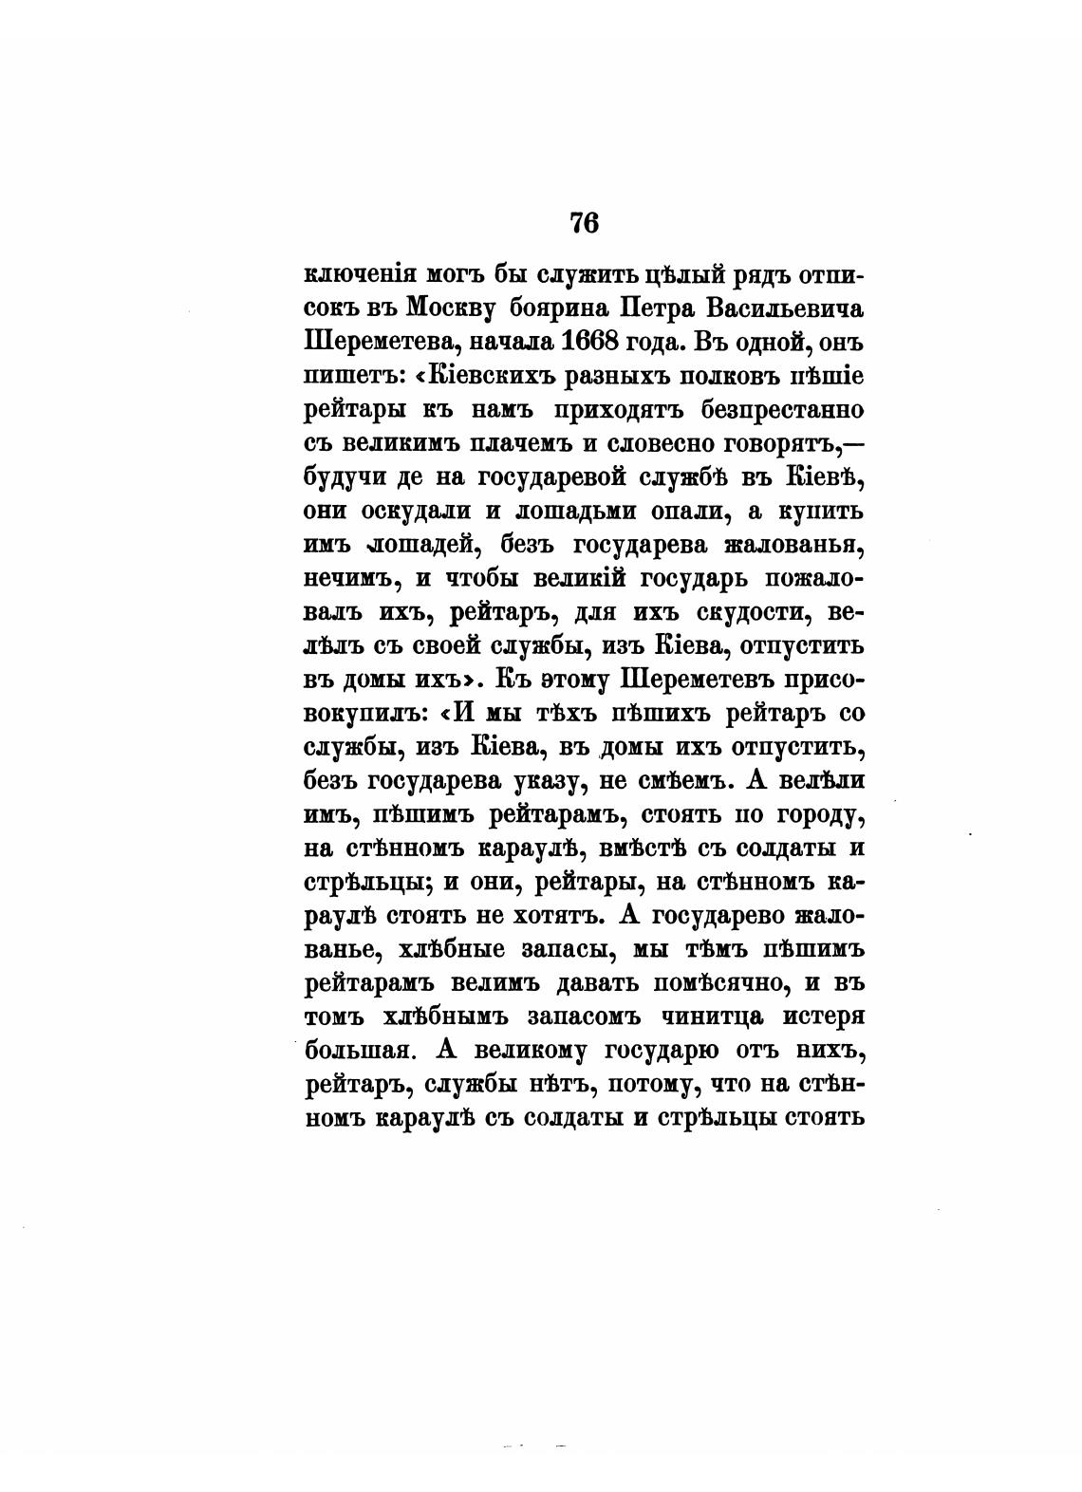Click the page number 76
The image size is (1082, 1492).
584,224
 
